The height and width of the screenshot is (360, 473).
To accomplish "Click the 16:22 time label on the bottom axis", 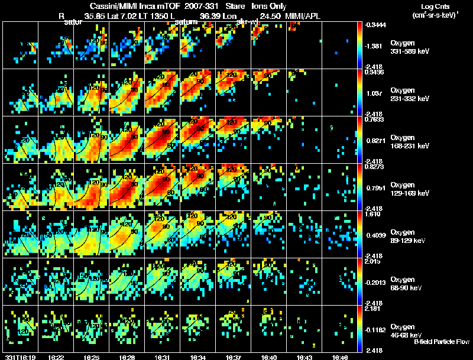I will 56,357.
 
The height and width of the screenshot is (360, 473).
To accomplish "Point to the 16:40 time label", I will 268,357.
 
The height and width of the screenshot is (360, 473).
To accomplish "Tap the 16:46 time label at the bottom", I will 339,357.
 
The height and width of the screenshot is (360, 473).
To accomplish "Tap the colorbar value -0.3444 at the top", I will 376,25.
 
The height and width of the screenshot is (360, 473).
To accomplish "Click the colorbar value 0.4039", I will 376,235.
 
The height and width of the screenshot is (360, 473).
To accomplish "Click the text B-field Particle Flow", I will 442,342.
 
